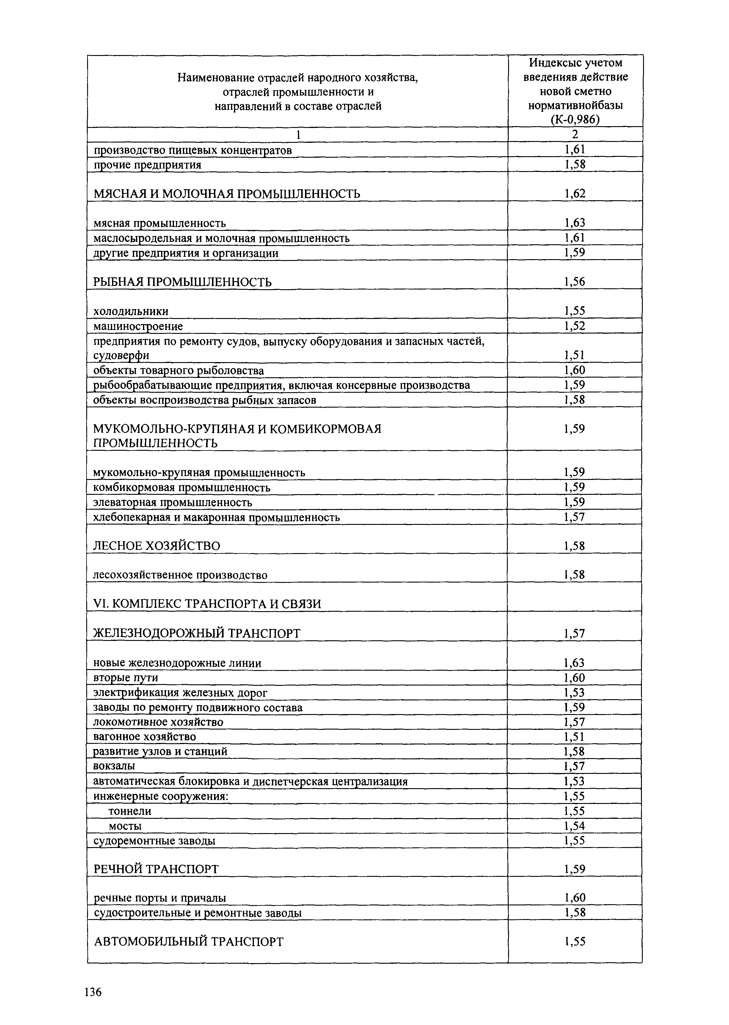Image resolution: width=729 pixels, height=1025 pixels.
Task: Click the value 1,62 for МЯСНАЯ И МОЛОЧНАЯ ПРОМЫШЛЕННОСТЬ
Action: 575,194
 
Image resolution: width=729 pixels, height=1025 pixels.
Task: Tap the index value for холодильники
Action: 575,311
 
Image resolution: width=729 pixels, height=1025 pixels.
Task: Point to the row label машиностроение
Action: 138,326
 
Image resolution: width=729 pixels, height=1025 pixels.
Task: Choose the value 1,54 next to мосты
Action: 575,826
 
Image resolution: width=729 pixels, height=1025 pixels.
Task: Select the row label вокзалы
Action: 114,766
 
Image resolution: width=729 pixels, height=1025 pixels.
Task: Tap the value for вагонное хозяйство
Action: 575,737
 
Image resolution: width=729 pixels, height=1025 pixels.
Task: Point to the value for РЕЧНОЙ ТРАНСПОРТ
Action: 575,869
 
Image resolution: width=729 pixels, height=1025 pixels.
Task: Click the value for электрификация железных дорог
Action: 575,693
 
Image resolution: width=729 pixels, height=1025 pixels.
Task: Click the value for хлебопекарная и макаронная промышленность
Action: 575,517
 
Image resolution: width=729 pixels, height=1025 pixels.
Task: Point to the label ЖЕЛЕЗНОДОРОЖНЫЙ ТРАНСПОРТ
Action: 197,634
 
